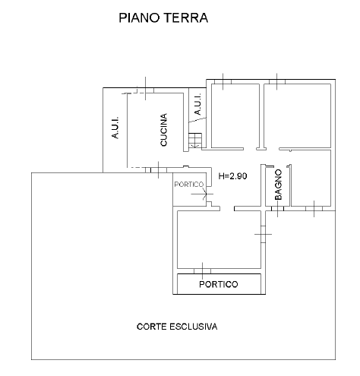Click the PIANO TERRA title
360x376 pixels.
click(x=163, y=17)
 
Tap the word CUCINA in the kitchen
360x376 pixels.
click(x=164, y=130)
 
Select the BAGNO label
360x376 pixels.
click(x=278, y=185)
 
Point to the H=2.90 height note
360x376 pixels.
click(x=232, y=176)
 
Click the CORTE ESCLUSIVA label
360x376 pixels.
click(x=177, y=327)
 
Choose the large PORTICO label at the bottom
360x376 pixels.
click(x=219, y=284)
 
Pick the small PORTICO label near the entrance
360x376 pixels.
click(x=189, y=185)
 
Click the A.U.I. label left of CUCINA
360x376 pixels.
click(x=115, y=128)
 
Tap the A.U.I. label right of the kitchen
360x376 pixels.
click(x=197, y=104)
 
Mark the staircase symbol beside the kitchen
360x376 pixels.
click(x=195, y=141)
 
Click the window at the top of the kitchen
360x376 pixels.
click(x=146, y=90)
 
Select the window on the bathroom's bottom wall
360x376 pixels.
click(x=277, y=209)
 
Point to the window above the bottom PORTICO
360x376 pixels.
click(x=202, y=271)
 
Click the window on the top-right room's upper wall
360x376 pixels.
click(x=277, y=82)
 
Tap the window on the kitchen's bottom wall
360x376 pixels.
click(x=159, y=170)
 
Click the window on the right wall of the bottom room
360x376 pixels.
click(x=264, y=234)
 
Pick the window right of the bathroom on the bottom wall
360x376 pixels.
click(x=314, y=209)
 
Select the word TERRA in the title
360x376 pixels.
click(x=186, y=17)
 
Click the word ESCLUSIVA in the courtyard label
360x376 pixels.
click(x=193, y=327)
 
